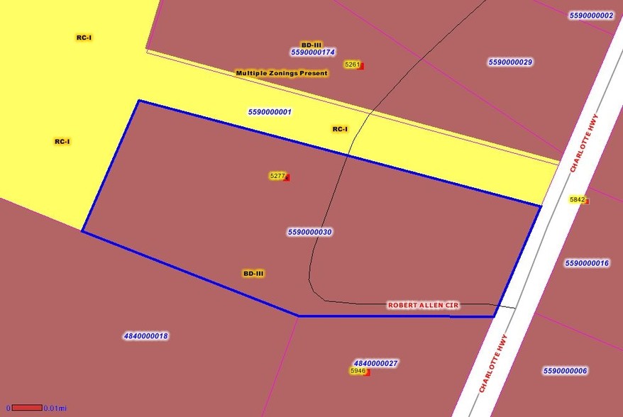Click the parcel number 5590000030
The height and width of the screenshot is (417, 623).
click(310, 232)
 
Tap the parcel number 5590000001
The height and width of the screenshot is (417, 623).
click(270, 112)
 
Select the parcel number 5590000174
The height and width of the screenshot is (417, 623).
click(312, 52)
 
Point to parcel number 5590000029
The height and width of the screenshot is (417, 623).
click(510, 62)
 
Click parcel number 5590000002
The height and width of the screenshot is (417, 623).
click(591, 15)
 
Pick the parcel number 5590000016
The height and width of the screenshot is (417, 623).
click(587, 263)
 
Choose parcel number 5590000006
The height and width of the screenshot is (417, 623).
click(565, 371)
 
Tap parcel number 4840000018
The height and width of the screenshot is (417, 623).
click(145, 336)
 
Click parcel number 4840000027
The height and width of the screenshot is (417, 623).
click(375, 363)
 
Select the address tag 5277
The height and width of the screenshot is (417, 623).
click(277, 176)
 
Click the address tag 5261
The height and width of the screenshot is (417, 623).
click(352, 65)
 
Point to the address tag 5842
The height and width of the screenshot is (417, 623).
click(578, 200)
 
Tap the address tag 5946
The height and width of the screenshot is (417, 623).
click(358, 371)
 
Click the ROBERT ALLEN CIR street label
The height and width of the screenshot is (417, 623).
click(423, 305)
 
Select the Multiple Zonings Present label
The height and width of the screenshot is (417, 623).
click(282, 73)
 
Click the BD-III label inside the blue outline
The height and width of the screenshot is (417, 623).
click(253, 273)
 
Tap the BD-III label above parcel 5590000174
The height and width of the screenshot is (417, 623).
click(311, 45)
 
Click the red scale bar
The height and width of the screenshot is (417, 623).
click(27, 408)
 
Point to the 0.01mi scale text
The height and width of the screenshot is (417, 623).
click(55, 408)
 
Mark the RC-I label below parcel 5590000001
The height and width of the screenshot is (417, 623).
click(340, 129)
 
